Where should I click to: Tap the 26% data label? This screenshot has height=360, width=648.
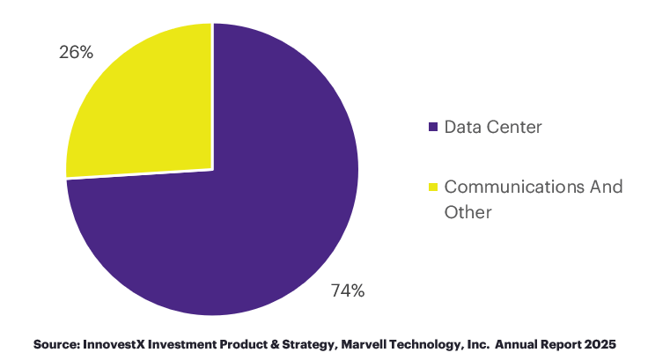pos(77,53)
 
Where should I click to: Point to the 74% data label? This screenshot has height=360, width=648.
pos(347,290)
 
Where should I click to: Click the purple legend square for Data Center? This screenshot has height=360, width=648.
pos(432,128)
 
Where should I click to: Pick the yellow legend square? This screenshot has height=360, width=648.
pos(432,187)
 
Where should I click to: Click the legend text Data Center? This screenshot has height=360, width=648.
pos(492,127)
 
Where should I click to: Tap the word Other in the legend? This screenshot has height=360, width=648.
pos(468,212)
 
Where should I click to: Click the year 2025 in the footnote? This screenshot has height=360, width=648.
pos(597,342)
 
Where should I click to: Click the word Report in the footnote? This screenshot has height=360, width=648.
pos(561,342)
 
